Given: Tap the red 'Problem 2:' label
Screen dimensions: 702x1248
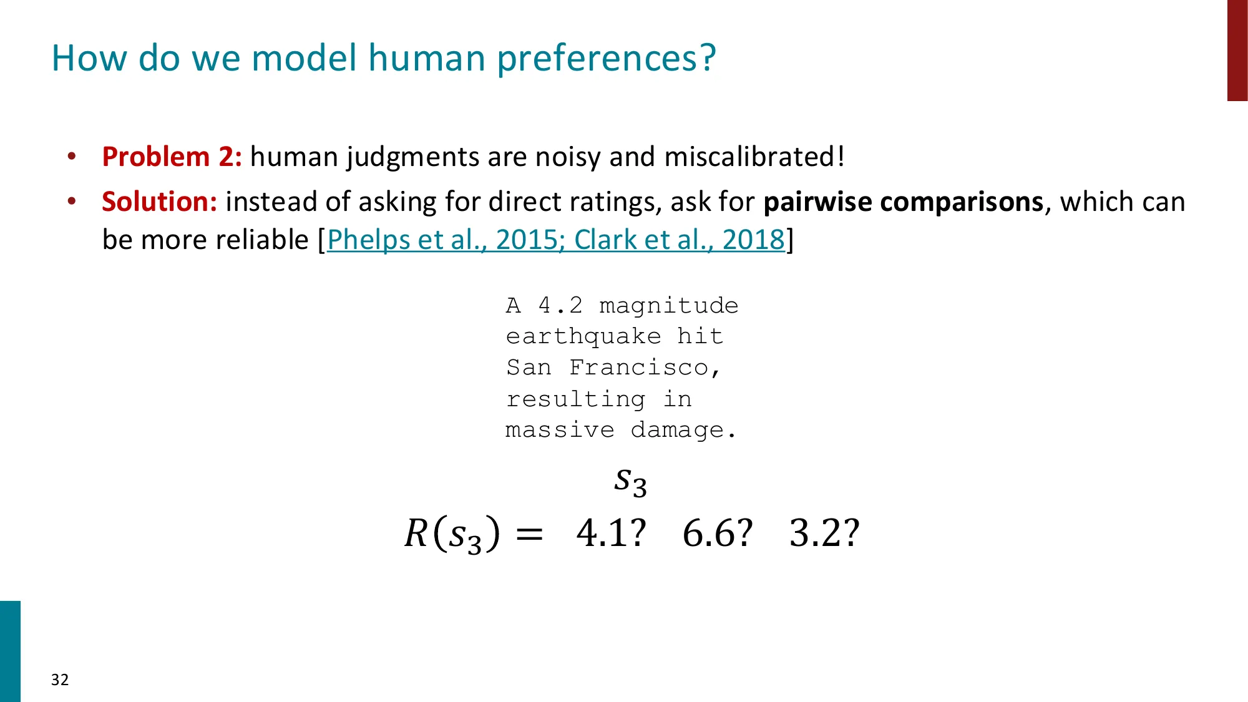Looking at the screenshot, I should point(172,157).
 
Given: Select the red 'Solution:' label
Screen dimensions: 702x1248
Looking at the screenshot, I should point(160,202).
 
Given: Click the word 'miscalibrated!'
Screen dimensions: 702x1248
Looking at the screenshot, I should point(754,157).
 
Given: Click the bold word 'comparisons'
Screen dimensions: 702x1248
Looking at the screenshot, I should point(961,202).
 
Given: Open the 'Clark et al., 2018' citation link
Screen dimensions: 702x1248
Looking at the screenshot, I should point(679,240).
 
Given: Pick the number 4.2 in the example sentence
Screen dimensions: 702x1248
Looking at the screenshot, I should point(560,306).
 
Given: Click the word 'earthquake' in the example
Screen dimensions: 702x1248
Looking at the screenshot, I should point(583,337).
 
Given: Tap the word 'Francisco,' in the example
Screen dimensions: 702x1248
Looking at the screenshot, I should point(645,368).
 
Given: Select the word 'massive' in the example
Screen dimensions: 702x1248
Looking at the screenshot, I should point(560,431).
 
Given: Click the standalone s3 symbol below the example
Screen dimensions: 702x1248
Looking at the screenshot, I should point(630,482).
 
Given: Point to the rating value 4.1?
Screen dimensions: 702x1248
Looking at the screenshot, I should point(611,534).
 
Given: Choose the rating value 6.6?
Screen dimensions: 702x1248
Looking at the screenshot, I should point(718,534).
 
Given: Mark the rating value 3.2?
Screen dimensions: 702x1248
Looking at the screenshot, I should point(824,534).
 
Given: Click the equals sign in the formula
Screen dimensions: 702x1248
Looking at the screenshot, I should point(530,535).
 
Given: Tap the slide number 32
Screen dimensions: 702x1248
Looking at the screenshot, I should point(60,680).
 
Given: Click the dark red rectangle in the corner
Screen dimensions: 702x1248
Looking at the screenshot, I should point(1237,50).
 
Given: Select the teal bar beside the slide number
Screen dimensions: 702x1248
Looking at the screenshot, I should point(10,651).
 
